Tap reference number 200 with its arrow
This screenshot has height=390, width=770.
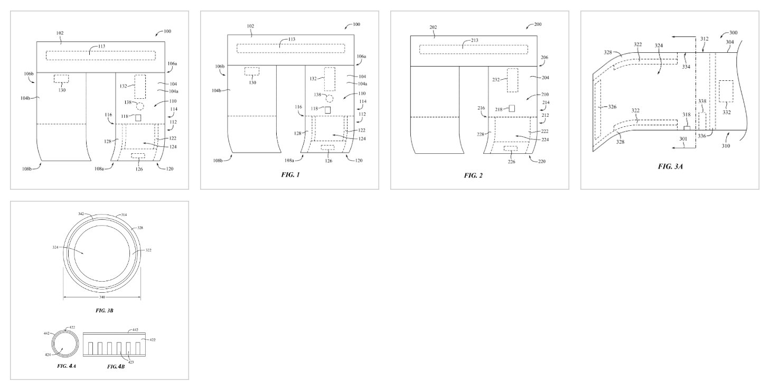535,25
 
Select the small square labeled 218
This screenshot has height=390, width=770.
512,108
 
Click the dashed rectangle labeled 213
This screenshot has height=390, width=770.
474,49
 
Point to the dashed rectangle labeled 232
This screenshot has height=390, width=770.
512,80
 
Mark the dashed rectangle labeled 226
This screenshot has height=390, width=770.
510,148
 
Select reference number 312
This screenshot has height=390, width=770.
705,39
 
